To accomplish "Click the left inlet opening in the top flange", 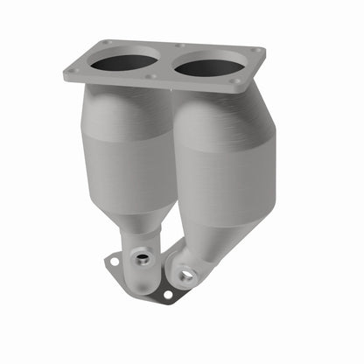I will point(129,63).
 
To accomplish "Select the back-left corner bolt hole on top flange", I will point(105,42).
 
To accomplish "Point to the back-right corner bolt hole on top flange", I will point(255,51).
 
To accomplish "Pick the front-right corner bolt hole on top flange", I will point(234,82).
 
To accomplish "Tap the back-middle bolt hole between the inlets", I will point(178,46).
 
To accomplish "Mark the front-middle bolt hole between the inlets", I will point(153,77).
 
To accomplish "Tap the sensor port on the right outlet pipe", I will point(185,274).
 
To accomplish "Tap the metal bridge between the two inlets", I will point(167,64).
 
